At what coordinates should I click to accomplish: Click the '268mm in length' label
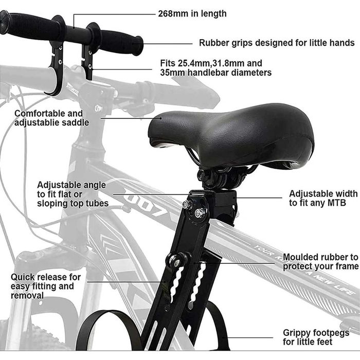192,14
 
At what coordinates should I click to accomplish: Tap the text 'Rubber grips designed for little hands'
277,43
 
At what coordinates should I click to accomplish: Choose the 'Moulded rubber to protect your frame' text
321,262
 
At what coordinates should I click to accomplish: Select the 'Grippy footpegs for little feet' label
316,337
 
